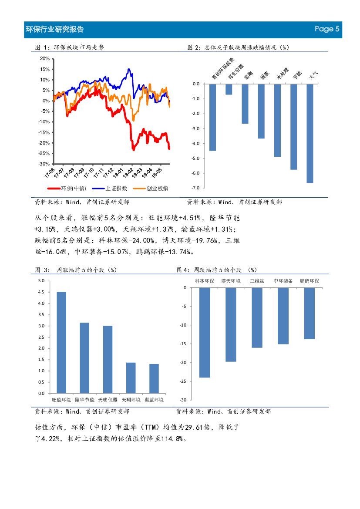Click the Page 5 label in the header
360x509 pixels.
click(327, 29)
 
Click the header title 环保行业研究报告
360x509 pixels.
click(55, 29)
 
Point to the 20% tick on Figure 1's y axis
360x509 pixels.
click(44, 58)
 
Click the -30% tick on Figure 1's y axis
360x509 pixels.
click(44, 164)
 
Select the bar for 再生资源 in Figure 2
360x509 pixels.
click(229, 89)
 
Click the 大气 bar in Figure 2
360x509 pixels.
click(310, 133)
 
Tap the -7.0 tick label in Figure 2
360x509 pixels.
click(195, 188)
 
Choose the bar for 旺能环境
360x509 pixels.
click(61, 342)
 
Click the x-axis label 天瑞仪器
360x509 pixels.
click(108, 400)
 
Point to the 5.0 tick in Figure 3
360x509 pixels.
click(41, 281)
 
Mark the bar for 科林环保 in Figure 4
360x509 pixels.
click(205, 332)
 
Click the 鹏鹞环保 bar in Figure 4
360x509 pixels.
click(310, 313)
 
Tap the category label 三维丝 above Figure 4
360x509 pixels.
click(257, 281)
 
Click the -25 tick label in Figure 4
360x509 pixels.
click(183, 381)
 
